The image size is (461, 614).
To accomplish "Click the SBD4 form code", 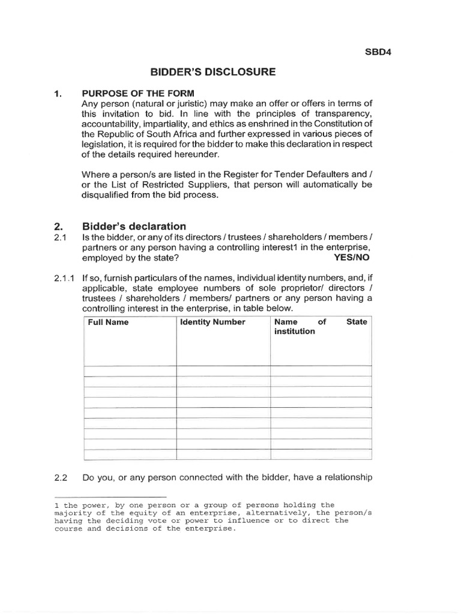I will click(379, 51).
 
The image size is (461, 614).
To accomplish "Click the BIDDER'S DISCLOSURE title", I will click(213, 72).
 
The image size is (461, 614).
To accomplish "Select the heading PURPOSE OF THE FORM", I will click(138, 93).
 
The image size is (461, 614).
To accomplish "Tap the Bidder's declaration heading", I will click(134, 226).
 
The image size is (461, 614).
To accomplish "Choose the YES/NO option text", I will click(352, 258).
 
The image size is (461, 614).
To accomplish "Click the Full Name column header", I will click(109, 322).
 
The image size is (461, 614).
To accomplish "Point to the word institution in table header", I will click(295, 332).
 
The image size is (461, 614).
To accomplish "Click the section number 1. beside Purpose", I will click(58, 93).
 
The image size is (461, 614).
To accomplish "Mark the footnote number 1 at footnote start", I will click(56, 505).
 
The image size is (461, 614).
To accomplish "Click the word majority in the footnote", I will click(76, 513).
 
